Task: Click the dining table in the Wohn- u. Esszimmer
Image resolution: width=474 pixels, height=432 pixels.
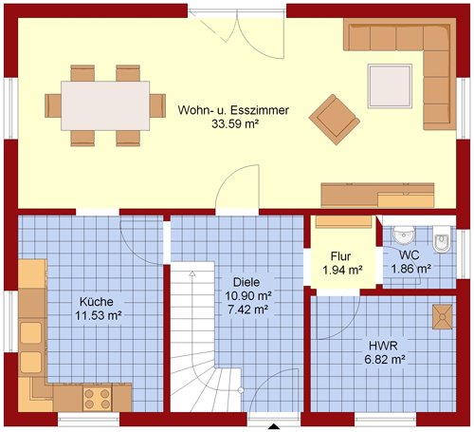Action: [x=105, y=105]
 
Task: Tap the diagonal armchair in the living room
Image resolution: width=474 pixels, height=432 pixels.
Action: [x=335, y=120]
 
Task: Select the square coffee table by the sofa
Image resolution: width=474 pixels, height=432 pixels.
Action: [x=390, y=86]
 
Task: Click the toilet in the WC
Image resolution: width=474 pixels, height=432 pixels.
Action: [x=442, y=239]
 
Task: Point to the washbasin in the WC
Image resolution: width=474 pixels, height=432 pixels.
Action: [x=404, y=235]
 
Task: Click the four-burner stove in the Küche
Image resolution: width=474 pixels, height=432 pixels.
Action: [x=98, y=398]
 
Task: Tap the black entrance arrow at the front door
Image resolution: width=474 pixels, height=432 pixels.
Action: [x=274, y=426]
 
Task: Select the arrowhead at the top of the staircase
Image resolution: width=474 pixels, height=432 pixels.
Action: [x=192, y=273]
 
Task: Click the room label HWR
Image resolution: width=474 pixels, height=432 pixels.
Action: [x=383, y=346]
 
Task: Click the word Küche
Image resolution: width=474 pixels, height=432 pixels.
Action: [x=97, y=302]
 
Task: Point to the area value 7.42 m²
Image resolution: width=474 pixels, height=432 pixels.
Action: [x=248, y=310]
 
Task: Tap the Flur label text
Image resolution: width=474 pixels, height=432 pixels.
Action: [x=340, y=256]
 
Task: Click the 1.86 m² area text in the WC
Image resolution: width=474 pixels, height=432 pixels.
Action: [x=411, y=269]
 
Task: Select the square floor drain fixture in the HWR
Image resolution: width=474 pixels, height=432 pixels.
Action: [x=443, y=317]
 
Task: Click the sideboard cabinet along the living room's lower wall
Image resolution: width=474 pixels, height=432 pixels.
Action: [x=377, y=195]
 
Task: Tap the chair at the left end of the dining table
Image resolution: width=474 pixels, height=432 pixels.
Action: [x=53, y=105]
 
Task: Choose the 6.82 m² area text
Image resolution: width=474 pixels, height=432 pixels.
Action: [x=385, y=360]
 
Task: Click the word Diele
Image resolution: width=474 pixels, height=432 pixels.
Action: [x=246, y=282]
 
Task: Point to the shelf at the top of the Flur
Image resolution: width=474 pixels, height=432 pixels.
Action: [x=344, y=222]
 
